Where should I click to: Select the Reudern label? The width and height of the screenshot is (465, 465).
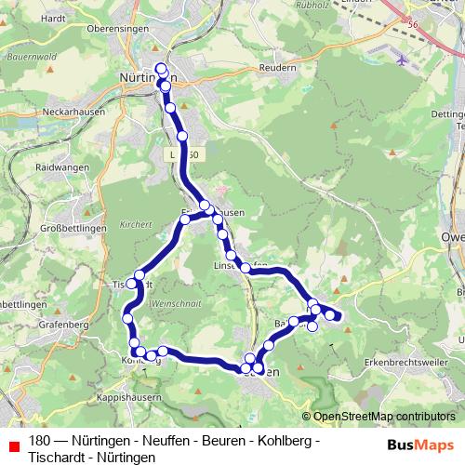pos(277,68)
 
